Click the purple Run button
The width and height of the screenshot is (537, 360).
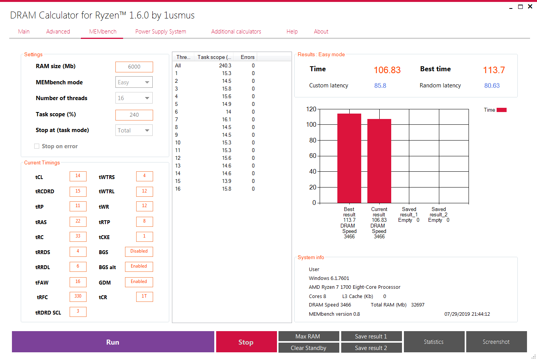point(113,342)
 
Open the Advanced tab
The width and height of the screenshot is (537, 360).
point(58,32)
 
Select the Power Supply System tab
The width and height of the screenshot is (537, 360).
point(160,32)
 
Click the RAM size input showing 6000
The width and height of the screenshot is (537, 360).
point(134,67)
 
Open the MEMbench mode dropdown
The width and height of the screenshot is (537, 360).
point(134,82)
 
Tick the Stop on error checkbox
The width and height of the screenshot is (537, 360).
point(37,146)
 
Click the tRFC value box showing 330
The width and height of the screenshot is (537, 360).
point(78,296)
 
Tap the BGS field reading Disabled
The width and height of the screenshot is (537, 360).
point(139,251)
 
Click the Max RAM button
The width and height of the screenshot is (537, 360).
point(309,337)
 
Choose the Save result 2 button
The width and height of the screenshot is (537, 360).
point(371,348)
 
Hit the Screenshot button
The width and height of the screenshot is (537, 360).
point(496,342)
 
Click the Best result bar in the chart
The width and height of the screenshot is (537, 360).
point(349,158)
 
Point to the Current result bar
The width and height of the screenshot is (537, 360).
point(379,161)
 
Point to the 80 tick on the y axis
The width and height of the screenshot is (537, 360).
point(313,140)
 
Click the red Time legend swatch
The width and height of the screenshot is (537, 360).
point(502,110)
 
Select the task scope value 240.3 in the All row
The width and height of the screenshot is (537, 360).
point(225,66)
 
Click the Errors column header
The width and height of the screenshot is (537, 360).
point(247,57)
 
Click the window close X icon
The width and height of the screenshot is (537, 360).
point(530,7)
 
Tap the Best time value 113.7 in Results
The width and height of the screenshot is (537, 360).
point(494,70)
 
